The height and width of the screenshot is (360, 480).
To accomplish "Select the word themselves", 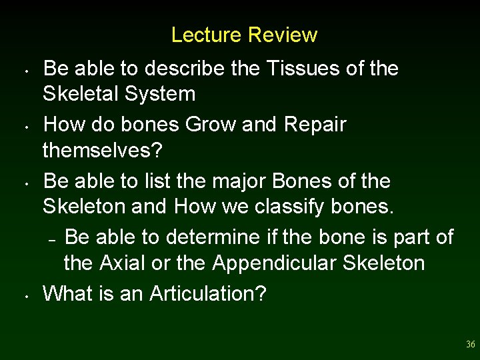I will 101,150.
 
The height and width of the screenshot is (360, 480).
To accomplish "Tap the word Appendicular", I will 275,263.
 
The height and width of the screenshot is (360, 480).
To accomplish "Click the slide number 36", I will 471,345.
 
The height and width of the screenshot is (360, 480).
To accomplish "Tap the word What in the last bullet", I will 68,293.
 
